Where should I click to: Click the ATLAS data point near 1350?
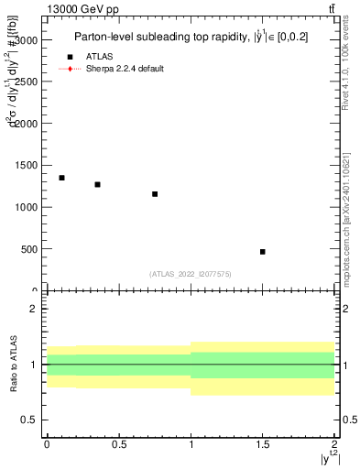pos(61,178)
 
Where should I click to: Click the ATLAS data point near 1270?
pos(97,184)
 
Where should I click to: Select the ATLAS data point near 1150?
pos(155,194)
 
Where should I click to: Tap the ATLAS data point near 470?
pos(263,251)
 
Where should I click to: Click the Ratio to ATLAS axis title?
pos(12,365)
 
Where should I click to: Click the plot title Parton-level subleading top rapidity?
pos(190,38)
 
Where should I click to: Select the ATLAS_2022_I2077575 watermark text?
pos(190,274)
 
